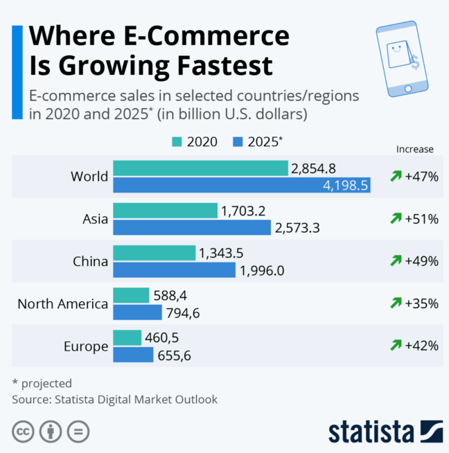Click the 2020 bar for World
pos(200,168)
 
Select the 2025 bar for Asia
pos(191,227)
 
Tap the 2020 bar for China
pos(154,253)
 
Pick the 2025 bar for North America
pos(137,312)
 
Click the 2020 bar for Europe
pos(127,337)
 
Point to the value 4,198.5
pos(345,185)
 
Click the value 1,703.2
pos(244,211)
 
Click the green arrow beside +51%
pos(396,219)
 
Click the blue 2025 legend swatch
pos(236,142)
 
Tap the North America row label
pos(62,303)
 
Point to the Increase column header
pos(414,149)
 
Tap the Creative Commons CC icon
pos(23,432)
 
